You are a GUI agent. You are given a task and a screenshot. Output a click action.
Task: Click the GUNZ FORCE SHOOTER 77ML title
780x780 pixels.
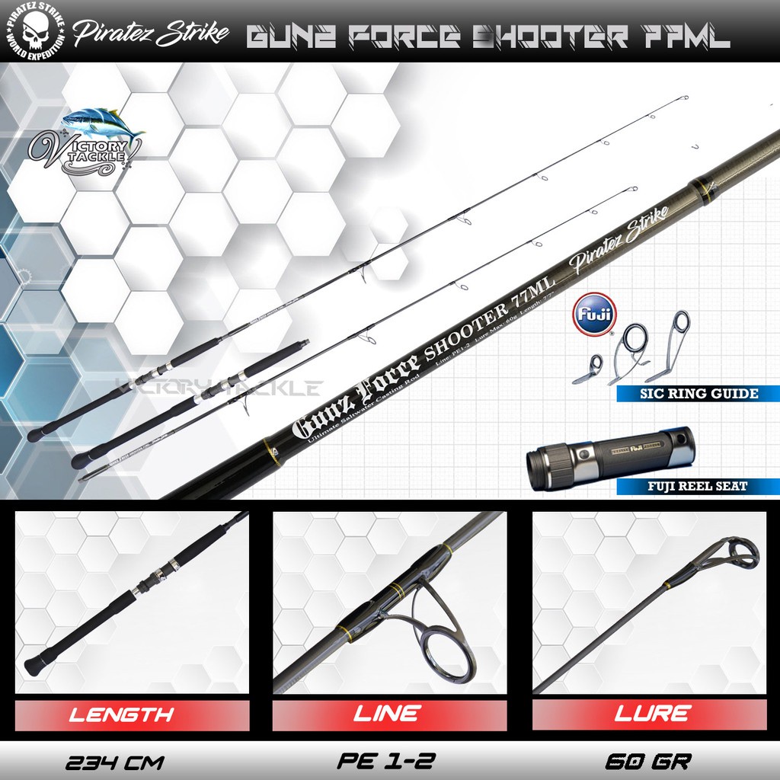point(487,37)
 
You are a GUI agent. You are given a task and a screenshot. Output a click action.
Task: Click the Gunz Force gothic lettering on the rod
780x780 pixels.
point(356,396)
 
